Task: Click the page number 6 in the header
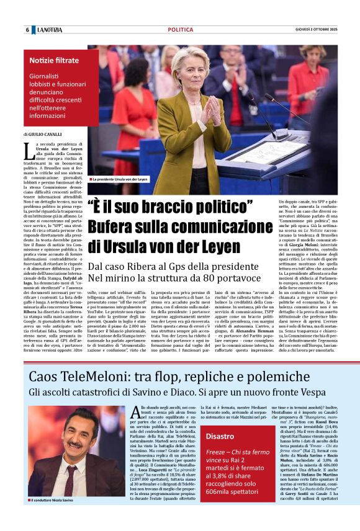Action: click(x=27, y=30)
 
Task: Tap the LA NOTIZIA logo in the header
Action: click(x=49, y=30)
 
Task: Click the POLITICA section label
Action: click(x=181, y=30)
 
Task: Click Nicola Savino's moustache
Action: click(x=73, y=445)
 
